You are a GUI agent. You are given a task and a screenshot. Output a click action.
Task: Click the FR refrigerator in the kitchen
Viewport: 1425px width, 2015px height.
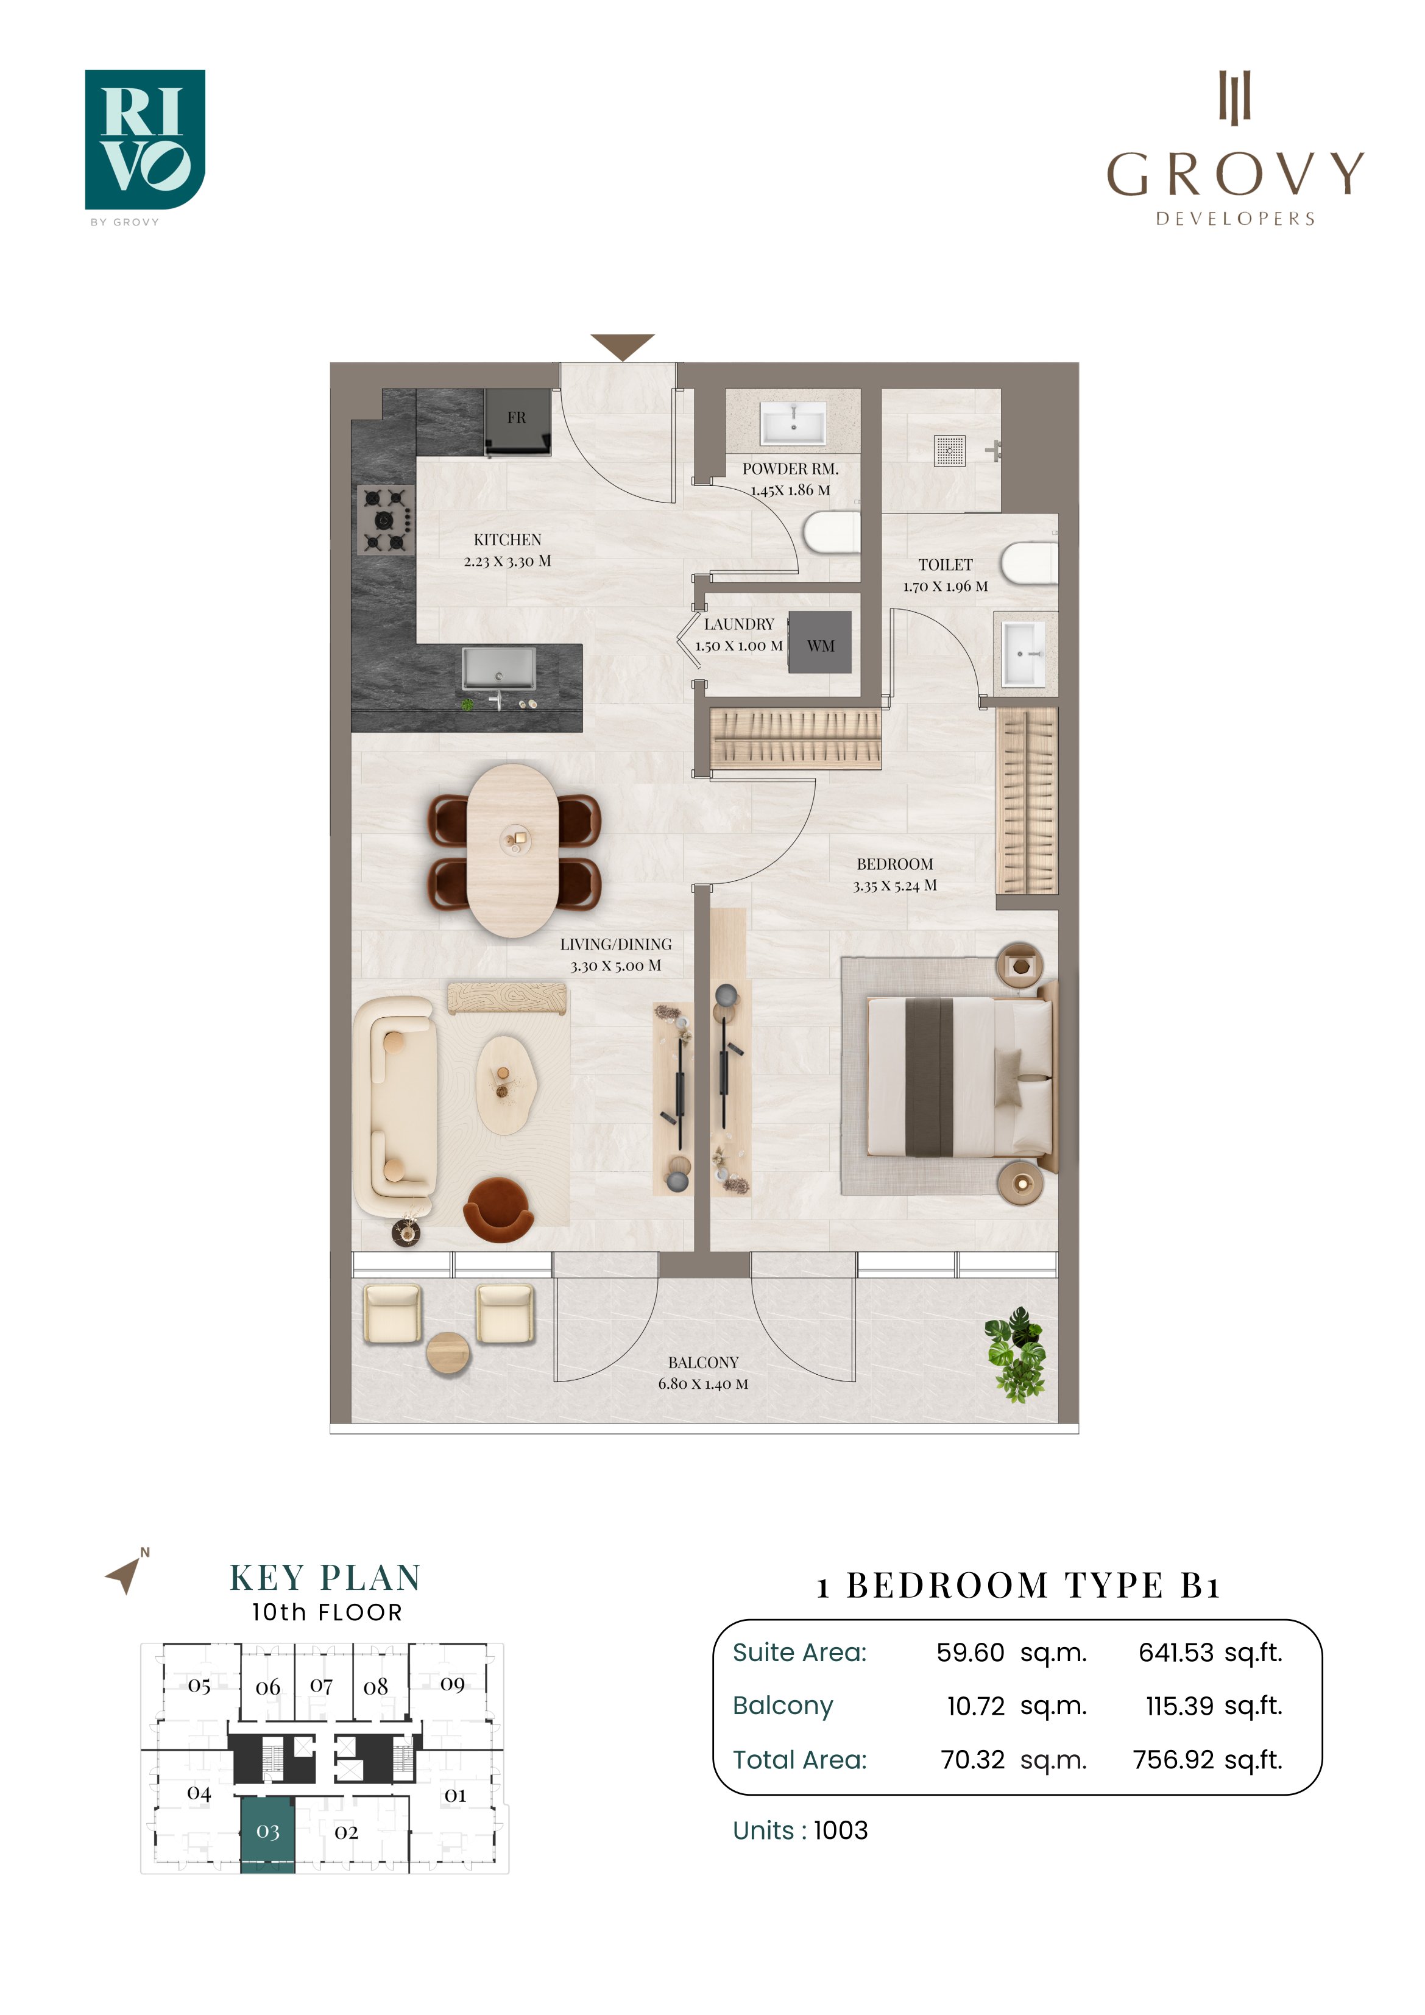(518, 422)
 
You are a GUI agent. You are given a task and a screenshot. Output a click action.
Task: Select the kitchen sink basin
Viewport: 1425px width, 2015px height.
(499, 669)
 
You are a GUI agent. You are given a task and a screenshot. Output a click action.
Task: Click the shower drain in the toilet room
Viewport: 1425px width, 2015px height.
(950, 450)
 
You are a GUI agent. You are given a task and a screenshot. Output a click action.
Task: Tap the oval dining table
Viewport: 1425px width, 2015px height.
(513, 850)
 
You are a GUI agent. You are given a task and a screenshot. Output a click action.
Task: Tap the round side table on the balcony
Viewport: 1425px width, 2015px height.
(448, 1353)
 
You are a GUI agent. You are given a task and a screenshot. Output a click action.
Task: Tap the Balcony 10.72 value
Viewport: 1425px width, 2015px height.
(975, 1707)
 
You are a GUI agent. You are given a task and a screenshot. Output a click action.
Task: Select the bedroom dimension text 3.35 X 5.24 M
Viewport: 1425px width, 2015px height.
(895, 886)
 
